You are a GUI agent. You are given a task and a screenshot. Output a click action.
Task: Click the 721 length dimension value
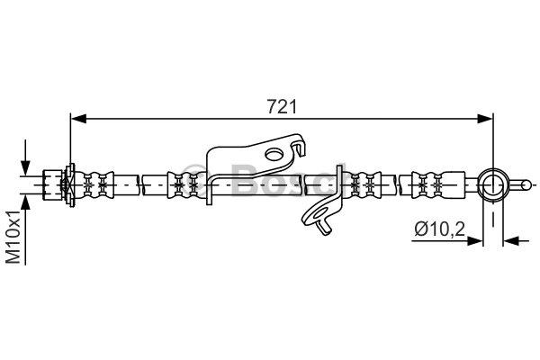282,107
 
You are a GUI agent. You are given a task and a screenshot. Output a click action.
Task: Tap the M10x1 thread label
14,238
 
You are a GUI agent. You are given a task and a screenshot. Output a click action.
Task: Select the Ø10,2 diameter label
439,229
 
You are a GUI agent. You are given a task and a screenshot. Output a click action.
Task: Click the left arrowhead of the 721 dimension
77,119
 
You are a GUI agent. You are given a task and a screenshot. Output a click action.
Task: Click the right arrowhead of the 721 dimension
486,119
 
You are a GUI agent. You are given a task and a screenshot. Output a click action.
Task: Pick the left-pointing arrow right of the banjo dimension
517,240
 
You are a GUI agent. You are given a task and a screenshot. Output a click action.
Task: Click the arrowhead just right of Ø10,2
474,240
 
